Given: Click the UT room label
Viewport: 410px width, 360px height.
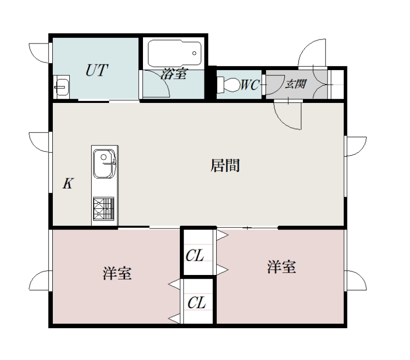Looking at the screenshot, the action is coord(97,70).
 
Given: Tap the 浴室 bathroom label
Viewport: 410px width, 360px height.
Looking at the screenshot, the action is coord(174,74).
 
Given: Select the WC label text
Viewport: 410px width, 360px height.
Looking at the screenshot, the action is coord(250,84).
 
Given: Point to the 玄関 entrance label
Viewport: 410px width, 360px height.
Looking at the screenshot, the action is coord(296,84).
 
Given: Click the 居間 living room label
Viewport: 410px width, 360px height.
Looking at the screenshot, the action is coord(225,165).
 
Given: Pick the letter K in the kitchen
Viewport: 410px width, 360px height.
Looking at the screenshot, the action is coord(68,183).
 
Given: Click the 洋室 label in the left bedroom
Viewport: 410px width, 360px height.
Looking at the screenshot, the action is coord(117,273).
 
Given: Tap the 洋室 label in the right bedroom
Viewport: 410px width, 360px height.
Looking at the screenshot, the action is coord(281,267).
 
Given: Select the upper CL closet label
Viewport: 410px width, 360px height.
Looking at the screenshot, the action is coord(195,255).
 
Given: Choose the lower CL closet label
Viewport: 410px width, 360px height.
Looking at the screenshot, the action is coord(197,303).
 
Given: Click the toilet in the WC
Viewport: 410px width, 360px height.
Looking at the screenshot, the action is coord(228,84).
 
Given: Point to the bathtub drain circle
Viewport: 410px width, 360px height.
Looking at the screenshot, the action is coord(194,53).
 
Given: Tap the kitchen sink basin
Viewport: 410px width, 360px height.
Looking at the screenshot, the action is coord(105,164).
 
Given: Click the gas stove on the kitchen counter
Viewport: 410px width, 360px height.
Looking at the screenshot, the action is coord(104,208).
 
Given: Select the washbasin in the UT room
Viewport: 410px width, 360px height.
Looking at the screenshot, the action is coord(61,87).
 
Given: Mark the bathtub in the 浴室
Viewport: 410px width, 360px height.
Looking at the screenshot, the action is coord(175,53).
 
